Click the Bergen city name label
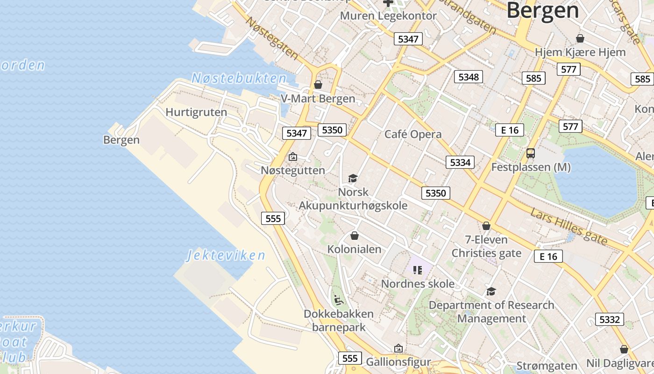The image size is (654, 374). pos(542,10)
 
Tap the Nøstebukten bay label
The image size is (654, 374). pos(239,78)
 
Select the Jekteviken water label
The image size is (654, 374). pos(226,255)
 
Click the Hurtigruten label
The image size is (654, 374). pos(196,112)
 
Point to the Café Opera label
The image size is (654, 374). pos(412,134)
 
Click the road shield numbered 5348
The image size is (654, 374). pos(469,77)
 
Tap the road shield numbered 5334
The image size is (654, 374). pos(460,162)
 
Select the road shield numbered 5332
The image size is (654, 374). pos(610,319)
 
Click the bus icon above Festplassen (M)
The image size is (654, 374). pos(531,153)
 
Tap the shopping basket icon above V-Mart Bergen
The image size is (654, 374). pos(318,85)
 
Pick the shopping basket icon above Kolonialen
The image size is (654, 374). pos(355,236)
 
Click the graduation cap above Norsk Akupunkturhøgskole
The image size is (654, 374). pos(353,178)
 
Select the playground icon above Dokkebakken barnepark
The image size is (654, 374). pos(339,299)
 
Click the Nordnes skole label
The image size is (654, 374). pos(418,284)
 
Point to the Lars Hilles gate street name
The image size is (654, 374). pos(569,227)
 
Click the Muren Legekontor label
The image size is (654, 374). pos(388,15)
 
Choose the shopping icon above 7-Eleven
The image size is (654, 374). pos(486,226)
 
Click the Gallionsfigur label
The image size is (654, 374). pos(398,362)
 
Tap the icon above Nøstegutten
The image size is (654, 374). pos(293,157)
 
